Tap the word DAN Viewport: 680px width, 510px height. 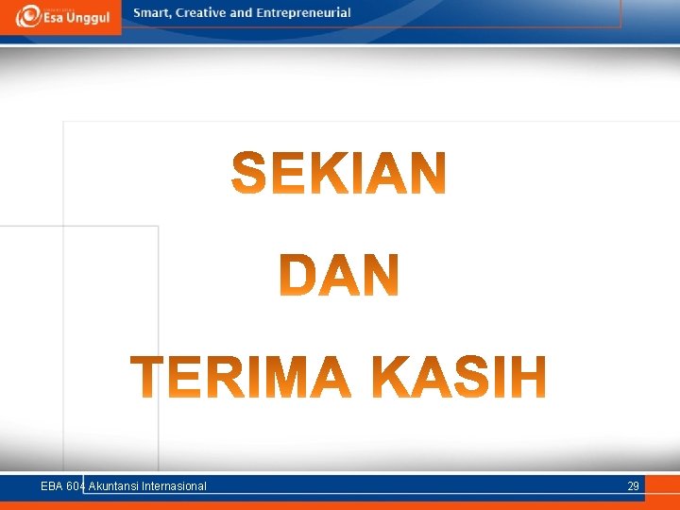tap(340, 276)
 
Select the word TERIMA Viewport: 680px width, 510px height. tap(242, 377)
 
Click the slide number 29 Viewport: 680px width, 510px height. tap(633, 486)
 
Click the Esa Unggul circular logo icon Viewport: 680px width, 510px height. tap(28, 15)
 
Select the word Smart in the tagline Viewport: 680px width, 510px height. tap(152, 13)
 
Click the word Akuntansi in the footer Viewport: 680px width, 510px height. tap(113, 486)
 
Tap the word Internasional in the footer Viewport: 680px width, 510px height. tap(174, 486)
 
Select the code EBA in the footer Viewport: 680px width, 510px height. tap(52, 486)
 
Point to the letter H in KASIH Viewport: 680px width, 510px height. tap(528, 377)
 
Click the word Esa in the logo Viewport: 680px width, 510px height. tap(56, 17)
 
